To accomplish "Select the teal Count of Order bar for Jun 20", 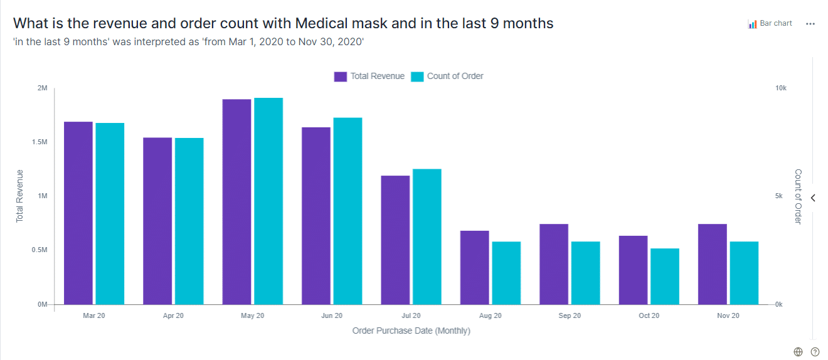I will [348, 211].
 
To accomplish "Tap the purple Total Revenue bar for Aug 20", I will [474, 268].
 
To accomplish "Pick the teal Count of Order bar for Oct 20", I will [665, 277].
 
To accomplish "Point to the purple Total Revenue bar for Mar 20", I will [78, 213].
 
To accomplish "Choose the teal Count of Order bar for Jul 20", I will [427, 236].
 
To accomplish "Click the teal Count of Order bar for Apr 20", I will [189, 221].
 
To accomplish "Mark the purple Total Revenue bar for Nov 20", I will [712, 264].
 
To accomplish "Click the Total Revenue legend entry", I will [369, 77].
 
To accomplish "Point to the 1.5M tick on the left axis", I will [39, 142].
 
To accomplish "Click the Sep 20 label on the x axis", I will [569, 315].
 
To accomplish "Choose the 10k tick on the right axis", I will [781, 88].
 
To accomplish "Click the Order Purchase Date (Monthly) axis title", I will [411, 331].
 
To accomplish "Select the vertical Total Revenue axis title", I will [19, 196].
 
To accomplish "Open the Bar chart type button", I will [770, 24].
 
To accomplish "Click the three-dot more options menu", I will [810, 24].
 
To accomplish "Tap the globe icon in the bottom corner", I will [798, 352].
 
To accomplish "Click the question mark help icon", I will [815, 352].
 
